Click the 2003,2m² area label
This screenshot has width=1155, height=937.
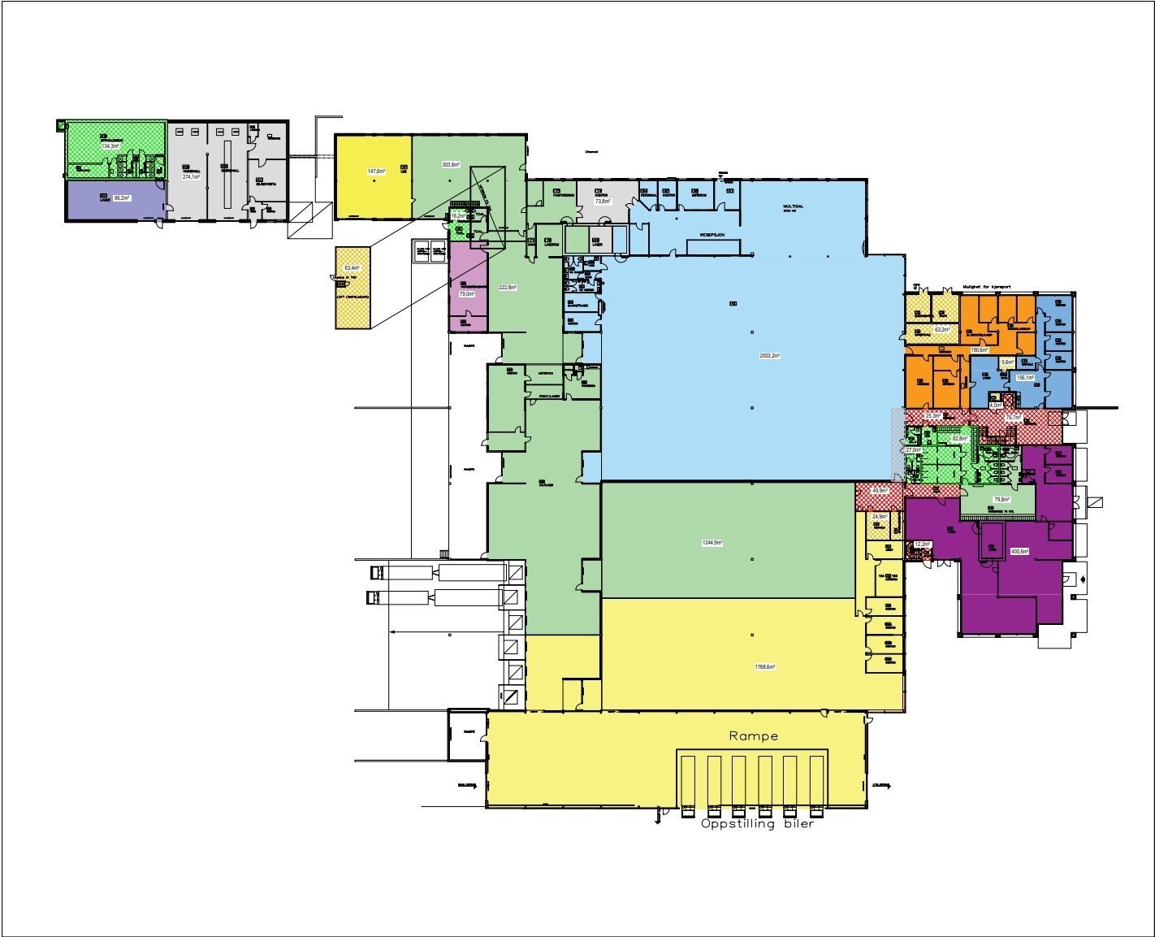click(x=768, y=355)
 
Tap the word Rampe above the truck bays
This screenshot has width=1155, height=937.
click(x=753, y=736)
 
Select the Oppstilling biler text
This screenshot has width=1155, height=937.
click(x=757, y=823)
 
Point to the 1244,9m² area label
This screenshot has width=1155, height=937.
click(x=712, y=542)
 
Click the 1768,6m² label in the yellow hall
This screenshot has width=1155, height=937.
click(x=764, y=666)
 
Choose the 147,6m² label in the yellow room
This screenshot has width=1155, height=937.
click(x=375, y=171)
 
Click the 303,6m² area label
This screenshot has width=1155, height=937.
click(x=451, y=165)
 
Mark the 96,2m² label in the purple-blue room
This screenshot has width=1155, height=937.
click(x=122, y=197)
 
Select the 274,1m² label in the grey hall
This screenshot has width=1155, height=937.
click(x=191, y=176)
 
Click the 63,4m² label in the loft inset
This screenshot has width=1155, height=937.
click(x=352, y=267)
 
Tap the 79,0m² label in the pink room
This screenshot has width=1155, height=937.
click(x=466, y=293)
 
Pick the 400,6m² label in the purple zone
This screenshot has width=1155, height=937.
click(x=1019, y=551)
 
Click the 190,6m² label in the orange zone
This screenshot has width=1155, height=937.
click(x=980, y=350)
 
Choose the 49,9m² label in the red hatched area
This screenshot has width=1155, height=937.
click(x=880, y=491)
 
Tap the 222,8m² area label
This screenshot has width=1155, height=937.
click(x=508, y=287)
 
